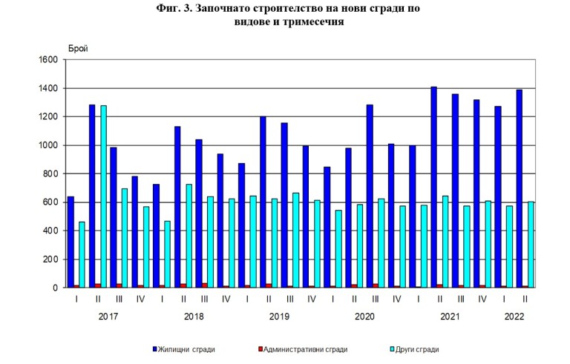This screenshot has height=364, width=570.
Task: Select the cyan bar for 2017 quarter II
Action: (103, 196)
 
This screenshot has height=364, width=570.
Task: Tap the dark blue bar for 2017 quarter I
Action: (71, 242)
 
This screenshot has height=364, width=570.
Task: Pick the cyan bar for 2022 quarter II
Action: (531, 245)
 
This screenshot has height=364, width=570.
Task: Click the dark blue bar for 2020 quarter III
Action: (370, 196)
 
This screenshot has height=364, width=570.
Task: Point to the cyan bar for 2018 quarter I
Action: (167, 254)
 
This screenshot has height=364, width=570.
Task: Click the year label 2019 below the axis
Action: (279, 317)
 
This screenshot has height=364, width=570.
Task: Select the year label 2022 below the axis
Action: (514, 317)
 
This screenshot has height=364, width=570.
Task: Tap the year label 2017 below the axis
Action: (108, 317)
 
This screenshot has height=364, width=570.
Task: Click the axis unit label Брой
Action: (77, 48)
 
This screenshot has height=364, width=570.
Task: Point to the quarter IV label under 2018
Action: (225, 300)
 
